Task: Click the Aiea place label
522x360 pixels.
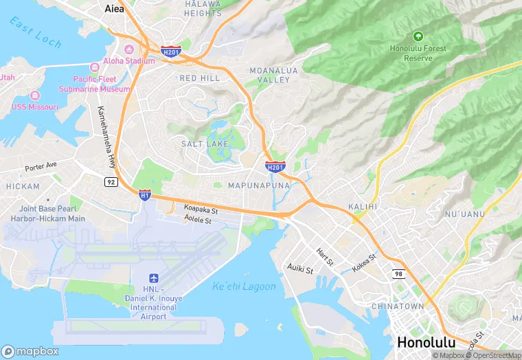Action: click(x=113, y=9)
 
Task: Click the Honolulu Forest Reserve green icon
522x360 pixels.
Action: click(x=418, y=36)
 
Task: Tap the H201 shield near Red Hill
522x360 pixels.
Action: click(x=170, y=51)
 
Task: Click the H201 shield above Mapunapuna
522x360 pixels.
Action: click(x=275, y=166)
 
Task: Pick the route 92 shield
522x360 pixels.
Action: click(x=111, y=181)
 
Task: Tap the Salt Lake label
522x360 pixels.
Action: click(x=205, y=144)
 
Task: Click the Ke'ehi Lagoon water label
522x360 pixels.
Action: click(x=243, y=286)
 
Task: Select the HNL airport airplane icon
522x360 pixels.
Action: click(x=153, y=278)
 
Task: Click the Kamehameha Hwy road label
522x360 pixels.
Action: click(x=106, y=137)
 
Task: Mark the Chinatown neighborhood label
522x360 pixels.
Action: click(x=397, y=306)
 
